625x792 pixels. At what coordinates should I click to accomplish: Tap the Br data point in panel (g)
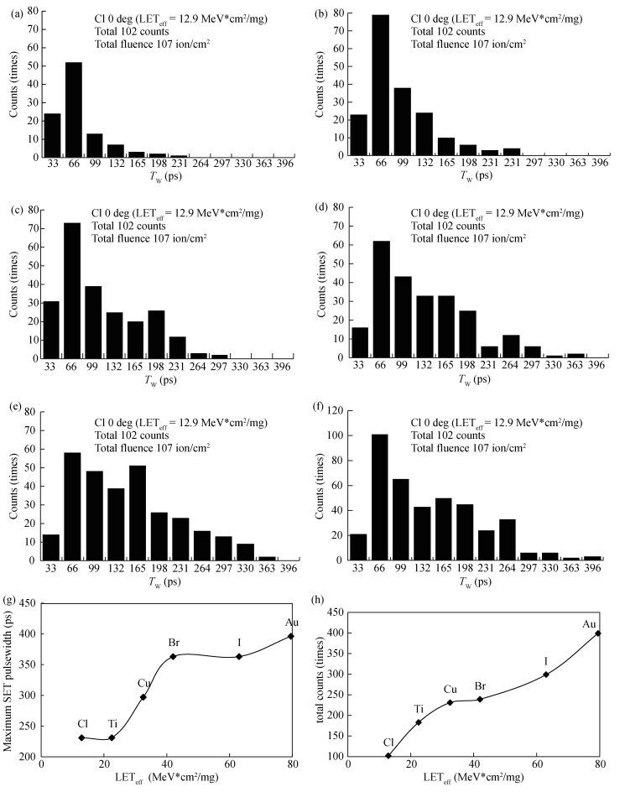point(173,656)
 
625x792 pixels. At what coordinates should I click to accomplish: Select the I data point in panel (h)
point(546,674)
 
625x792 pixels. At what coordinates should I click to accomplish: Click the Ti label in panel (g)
point(113,723)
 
